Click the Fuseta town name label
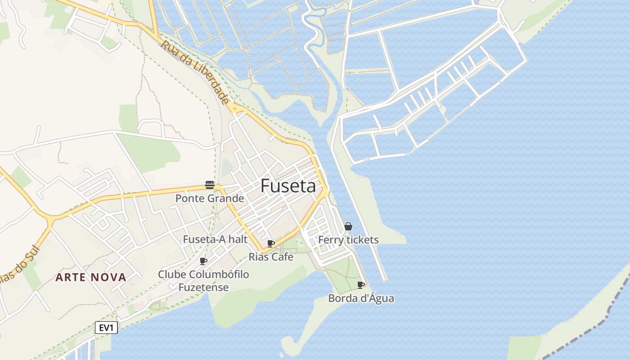pyautogui.click(x=288, y=186)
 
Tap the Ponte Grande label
pyautogui.click(x=210, y=198)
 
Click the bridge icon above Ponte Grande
pyautogui.click(x=210, y=184)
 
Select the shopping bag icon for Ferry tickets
pyautogui.click(x=348, y=226)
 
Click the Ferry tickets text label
pyautogui.click(x=348, y=240)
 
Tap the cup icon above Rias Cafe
pyautogui.click(x=271, y=243)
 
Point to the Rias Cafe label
pyautogui.click(x=271, y=257)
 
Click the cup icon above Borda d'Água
pyautogui.click(x=361, y=285)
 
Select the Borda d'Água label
pyautogui.click(x=361, y=298)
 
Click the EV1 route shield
pyautogui.click(x=106, y=328)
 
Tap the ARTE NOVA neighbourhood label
pyautogui.click(x=91, y=277)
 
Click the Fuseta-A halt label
pyautogui.click(x=215, y=239)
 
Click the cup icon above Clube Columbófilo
pyautogui.click(x=203, y=261)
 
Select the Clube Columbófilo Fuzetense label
pyautogui.click(x=203, y=281)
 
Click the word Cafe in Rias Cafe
pyautogui.click(x=283, y=257)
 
